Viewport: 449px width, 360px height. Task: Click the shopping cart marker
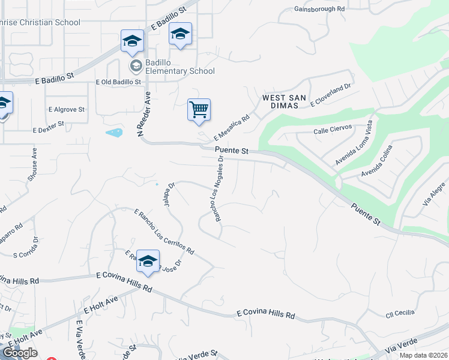[199, 110]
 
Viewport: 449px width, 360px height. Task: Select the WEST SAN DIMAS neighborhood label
[284, 102]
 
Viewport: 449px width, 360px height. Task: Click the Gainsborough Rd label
[319, 10]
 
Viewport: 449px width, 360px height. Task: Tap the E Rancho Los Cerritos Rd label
[164, 231]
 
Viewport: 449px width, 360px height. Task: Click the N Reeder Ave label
[144, 113]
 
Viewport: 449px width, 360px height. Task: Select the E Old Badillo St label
[118, 82]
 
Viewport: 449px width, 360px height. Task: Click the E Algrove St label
[67, 110]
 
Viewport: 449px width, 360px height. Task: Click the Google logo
[20, 353]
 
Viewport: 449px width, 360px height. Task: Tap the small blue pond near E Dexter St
[114, 132]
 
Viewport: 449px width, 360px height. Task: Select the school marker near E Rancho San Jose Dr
[148, 262]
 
